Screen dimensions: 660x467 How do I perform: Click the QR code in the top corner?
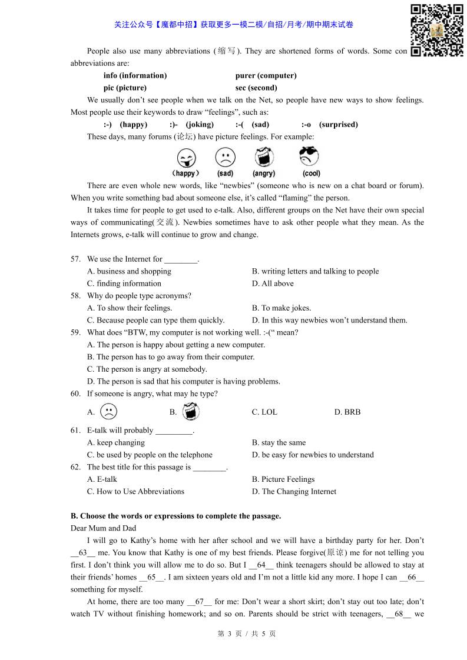(x=436, y=31)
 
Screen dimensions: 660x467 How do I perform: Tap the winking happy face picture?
(x=186, y=158)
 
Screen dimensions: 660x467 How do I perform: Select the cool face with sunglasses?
(x=309, y=157)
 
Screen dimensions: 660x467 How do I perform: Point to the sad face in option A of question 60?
(x=108, y=412)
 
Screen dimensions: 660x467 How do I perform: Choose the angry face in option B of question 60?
(x=190, y=412)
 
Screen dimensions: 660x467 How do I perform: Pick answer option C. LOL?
(x=264, y=412)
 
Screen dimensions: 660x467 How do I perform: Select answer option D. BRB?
(x=347, y=412)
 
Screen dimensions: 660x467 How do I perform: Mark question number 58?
(x=75, y=296)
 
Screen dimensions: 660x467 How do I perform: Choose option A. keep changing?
(x=116, y=443)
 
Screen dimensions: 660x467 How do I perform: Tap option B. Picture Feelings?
(x=283, y=479)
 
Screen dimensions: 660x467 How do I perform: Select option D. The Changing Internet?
(x=294, y=492)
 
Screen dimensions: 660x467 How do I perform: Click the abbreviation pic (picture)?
(x=125, y=88)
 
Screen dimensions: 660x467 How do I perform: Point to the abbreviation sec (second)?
(x=256, y=88)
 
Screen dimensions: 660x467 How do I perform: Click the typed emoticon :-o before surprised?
(x=306, y=125)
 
